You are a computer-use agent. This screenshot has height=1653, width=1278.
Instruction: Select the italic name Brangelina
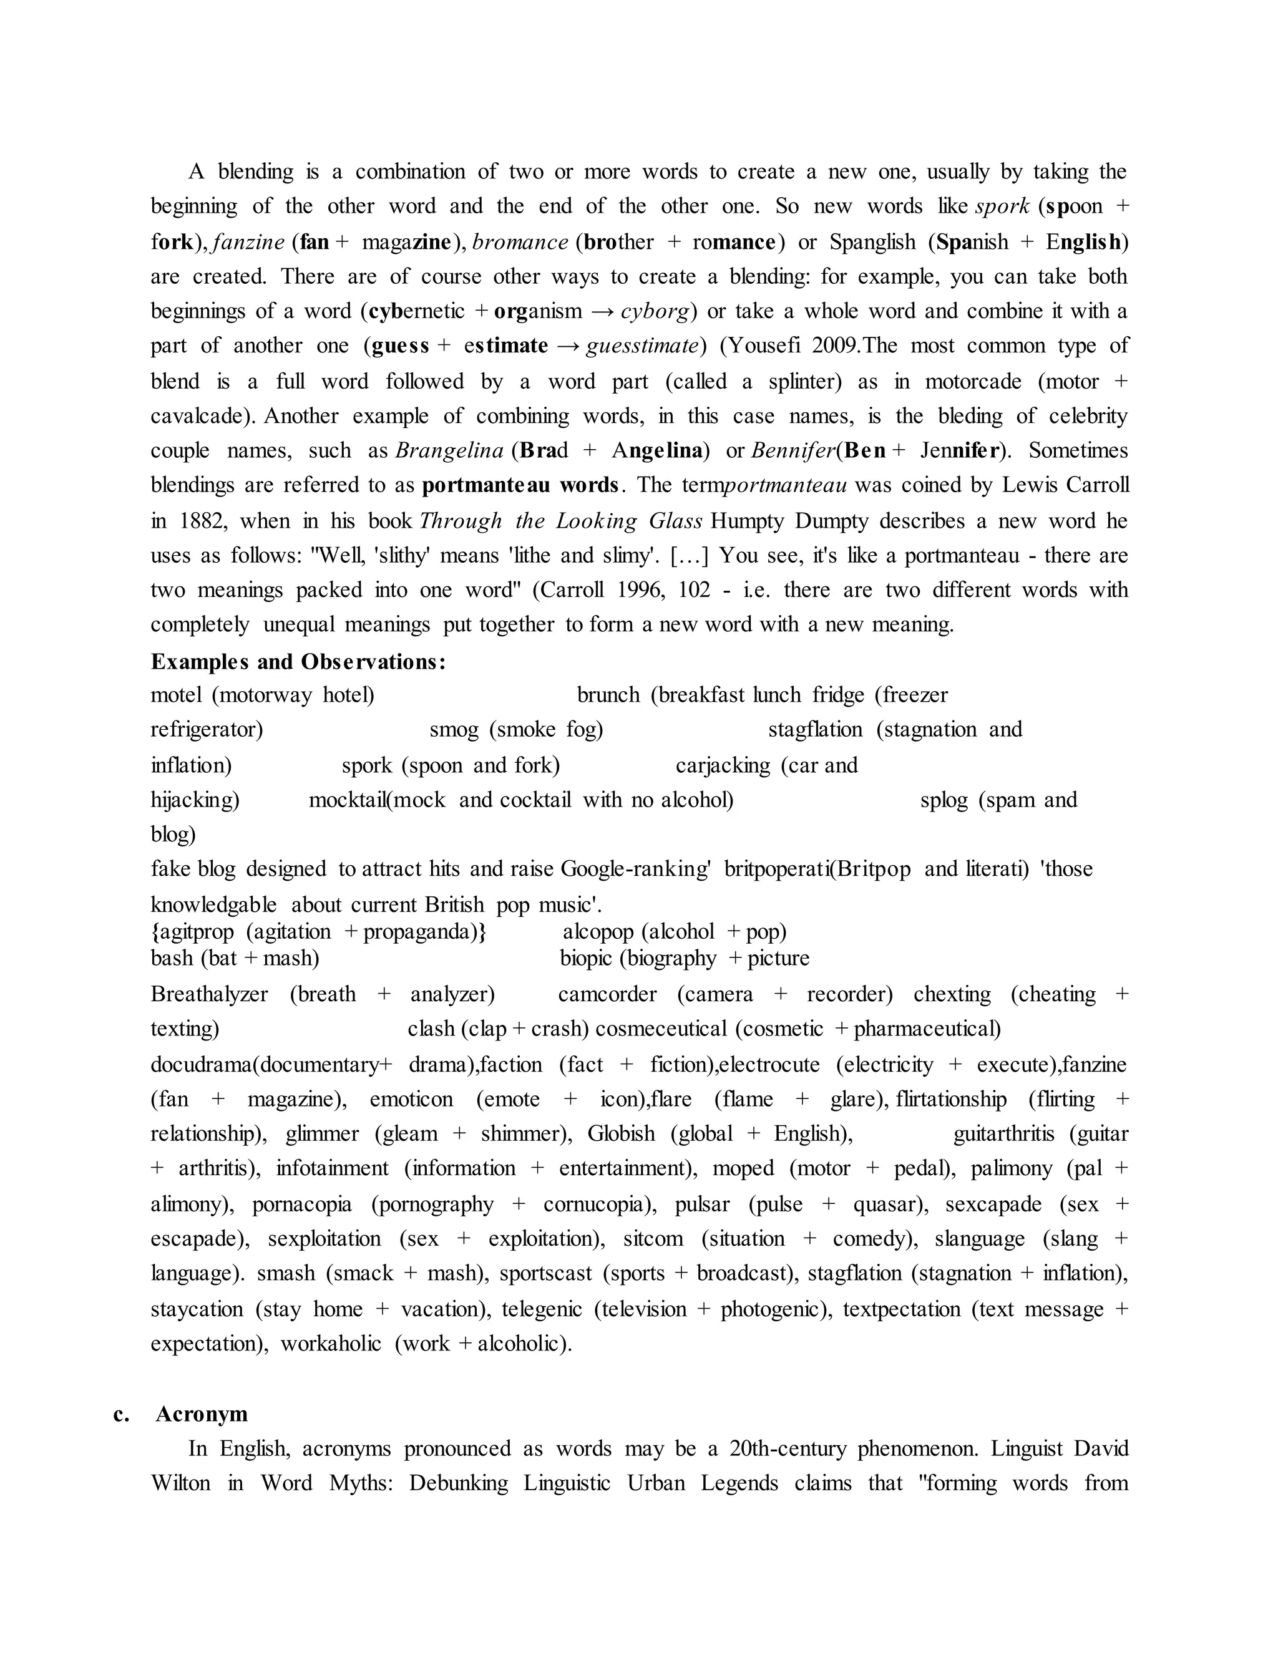point(449,451)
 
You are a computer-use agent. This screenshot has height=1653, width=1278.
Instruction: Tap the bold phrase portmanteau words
point(522,485)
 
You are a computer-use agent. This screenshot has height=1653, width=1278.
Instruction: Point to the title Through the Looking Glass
point(561,521)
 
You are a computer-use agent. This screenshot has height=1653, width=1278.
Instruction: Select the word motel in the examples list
point(177,695)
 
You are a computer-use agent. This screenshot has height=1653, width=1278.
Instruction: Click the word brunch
point(608,695)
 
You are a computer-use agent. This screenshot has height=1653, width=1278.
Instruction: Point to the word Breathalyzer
point(209,994)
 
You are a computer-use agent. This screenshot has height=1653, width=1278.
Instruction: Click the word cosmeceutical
point(661,1029)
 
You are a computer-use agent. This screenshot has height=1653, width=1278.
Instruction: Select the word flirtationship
point(951,1099)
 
